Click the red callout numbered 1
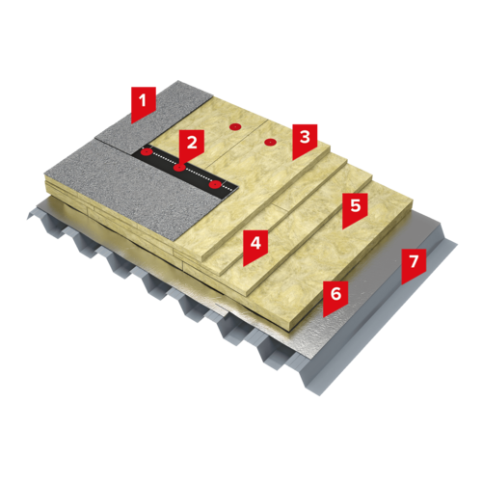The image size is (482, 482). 144,103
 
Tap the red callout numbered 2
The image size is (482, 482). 192,145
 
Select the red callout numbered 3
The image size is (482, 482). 305,140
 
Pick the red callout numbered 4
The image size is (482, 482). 255,246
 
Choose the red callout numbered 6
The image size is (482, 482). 335,296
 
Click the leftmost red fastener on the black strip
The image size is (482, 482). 147,151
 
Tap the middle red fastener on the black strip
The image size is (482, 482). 179,168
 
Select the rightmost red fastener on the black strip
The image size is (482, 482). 215,185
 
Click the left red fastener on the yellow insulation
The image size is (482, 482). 235,127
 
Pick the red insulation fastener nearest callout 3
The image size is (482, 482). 270,142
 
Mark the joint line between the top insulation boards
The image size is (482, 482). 237,144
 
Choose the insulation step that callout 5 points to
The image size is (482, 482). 335,244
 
